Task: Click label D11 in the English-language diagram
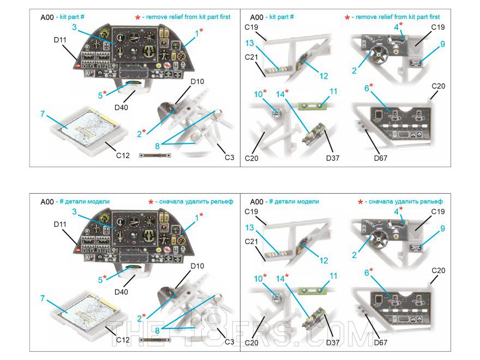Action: [x=59, y=40]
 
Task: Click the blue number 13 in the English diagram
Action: [x=249, y=43]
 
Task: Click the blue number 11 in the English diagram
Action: [x=333, y=91]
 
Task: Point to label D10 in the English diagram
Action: [x=197, y=82]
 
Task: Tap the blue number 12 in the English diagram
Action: [x=323, y=76]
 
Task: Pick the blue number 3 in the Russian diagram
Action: [x=74, y=212]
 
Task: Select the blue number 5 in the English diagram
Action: [x=100, y=95]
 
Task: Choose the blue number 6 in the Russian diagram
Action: [x=367, y=271]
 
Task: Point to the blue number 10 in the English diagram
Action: [x=257, y=93]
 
